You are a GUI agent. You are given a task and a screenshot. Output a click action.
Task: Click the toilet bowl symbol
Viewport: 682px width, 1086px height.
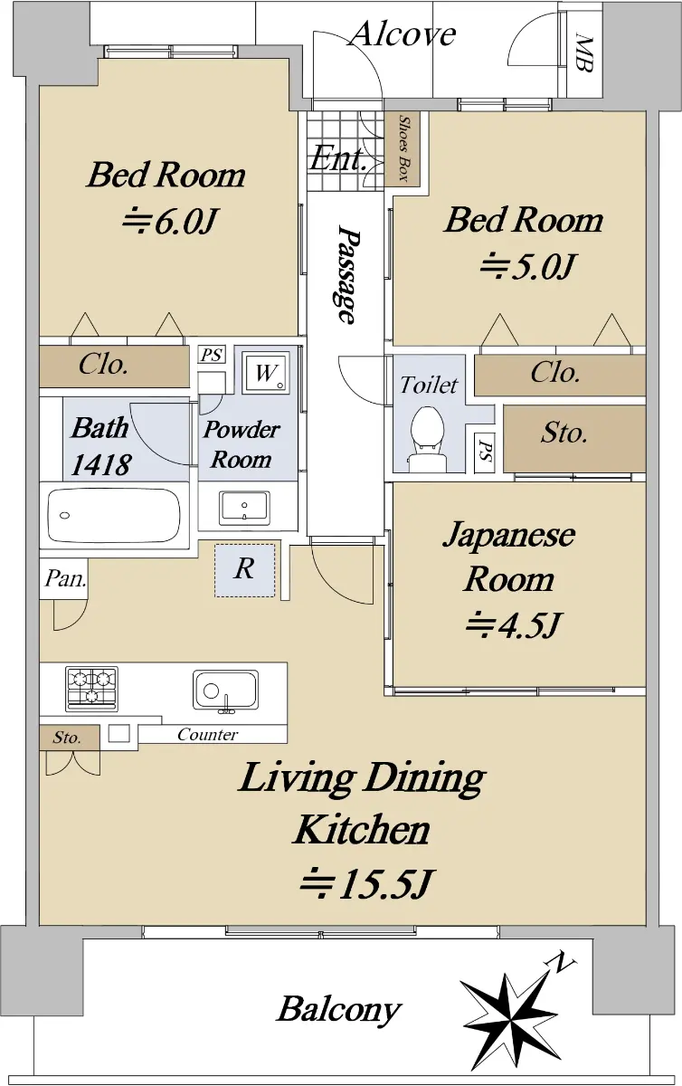pos(427,439)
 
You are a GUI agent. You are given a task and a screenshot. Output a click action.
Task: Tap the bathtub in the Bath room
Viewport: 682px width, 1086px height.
pos(114,515)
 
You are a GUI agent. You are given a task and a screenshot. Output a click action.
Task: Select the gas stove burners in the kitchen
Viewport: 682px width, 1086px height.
pos(92,689)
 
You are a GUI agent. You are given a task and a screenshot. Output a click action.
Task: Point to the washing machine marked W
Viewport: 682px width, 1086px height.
pos(266,373)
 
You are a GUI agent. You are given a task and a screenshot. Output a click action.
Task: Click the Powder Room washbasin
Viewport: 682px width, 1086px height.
pos(244,508)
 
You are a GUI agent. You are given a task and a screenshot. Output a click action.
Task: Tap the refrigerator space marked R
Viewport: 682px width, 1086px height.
pos(245,569)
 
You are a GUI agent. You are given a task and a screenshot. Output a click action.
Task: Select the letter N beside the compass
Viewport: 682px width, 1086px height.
pos(562,961)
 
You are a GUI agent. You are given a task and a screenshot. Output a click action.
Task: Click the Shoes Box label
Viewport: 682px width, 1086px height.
pos(403,148)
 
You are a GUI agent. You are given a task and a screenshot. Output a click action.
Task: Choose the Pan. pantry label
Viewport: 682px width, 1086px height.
pos(65,578)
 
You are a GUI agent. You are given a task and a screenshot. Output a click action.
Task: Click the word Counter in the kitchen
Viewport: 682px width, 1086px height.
pos(207,735)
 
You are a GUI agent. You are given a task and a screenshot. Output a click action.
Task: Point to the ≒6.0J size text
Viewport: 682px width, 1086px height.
pos(168,222)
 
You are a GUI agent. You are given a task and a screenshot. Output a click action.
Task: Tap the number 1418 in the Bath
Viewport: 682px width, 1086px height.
pos(100,464)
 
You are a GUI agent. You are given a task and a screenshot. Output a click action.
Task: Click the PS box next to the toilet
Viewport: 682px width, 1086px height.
pos(484,452)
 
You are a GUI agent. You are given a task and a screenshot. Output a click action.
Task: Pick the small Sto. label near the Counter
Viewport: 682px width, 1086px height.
pos(67,738)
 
